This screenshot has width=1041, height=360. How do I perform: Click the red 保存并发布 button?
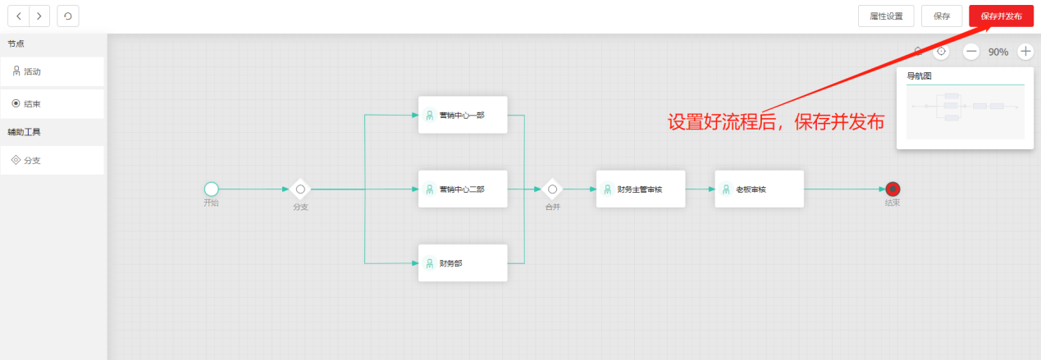[x=1001, y=16]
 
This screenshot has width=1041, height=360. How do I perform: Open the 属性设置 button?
[x=885, y=16]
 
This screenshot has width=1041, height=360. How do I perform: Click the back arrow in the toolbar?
[x=19, y=16]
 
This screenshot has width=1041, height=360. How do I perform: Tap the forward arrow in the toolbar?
[x=39, y=16]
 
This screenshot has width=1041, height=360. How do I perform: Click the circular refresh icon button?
[x=68, y=16]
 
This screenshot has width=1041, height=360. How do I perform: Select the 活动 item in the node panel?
[x=52, y=71]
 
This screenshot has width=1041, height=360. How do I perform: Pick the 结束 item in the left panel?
[x=52, y=104]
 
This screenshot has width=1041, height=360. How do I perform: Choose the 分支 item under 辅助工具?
[x=52, y=161]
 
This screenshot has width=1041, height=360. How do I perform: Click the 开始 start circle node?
[x=212, y=189]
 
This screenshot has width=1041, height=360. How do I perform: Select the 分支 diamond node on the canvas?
[x=300, y=189]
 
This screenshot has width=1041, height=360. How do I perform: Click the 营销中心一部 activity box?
[x=463, y=115]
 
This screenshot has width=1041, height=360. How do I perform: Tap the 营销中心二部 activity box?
[x=463, y=189]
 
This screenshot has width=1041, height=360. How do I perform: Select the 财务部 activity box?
[x=463, y=263]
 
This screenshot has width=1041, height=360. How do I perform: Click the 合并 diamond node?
[x=552, y=189]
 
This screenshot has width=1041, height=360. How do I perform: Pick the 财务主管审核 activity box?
[x=640, y=189]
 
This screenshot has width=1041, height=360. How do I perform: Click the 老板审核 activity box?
[x=759, y=189]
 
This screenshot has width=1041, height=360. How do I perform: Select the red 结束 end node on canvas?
[x=893, y=189]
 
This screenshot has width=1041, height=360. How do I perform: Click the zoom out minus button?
[x=971, y=52]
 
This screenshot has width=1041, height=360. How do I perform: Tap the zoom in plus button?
[x=1025, y=52]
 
